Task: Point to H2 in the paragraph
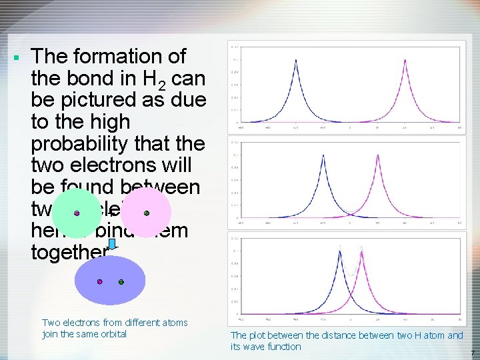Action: (x=153, y=80)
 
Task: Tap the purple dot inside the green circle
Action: (x=77, y=213)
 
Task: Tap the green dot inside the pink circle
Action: (x=146, y=213)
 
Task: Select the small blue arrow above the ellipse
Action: (x=112, y=245)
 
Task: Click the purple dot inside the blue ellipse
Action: (x=100, y=282)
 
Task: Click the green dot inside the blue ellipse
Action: (x=121, y=282)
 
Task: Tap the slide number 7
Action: (x=472, y=353)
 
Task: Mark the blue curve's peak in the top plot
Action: (x=296, y=59)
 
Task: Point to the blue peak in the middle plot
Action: (x=323, y=155)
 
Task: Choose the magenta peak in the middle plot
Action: (x=378, y=155)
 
